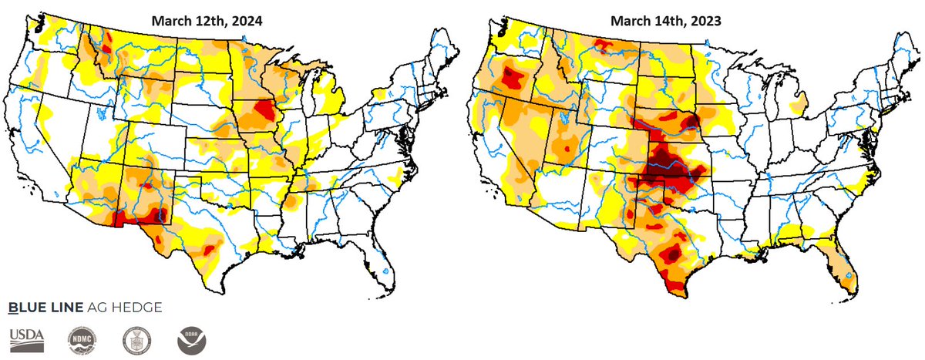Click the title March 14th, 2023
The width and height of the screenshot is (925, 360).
(x=664, y=22)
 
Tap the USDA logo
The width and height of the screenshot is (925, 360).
(x=27, y=338)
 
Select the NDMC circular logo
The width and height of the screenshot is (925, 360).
(x=82, y=338)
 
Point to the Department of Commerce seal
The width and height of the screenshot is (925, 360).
(x=137, y=338)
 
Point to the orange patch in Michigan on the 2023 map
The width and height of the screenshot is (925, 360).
(x=799, y=101)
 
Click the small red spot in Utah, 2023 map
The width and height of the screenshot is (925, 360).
(x=570, y=146)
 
